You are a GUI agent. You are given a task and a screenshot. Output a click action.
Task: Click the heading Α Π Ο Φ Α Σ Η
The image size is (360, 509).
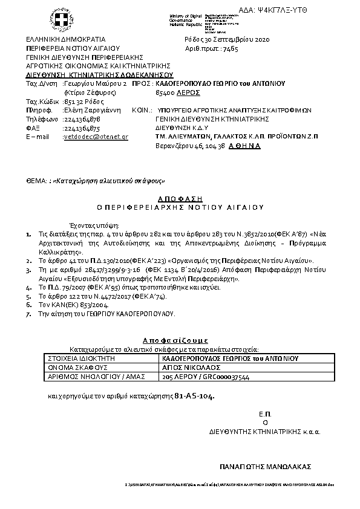[180, 198]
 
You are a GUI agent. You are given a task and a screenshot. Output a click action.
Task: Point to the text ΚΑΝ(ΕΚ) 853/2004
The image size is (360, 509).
[66, 306]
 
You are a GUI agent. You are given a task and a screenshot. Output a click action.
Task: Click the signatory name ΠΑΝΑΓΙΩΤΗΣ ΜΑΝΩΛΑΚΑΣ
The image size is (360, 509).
[265, 466]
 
